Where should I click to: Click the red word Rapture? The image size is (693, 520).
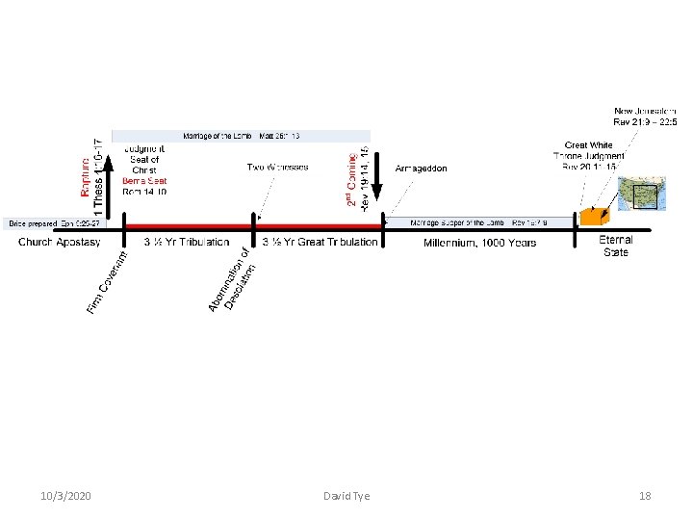pos(84,170)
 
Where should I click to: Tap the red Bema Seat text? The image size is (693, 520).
pos(144,181)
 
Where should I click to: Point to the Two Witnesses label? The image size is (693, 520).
pos(278,168)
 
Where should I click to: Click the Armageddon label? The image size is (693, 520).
pos(421,169)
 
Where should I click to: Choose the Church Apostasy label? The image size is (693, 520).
pos(60,243)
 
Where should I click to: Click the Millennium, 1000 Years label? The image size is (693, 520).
pos(479,243)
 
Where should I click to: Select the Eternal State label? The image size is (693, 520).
pos(616,246)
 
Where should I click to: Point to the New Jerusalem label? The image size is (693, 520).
pos(645,117)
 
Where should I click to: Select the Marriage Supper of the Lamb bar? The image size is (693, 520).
pos(479,222)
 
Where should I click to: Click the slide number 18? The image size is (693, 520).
pos(645,496)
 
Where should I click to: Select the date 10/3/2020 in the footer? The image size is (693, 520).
pos(66,496)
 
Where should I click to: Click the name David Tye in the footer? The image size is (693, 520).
pos(346,496)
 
